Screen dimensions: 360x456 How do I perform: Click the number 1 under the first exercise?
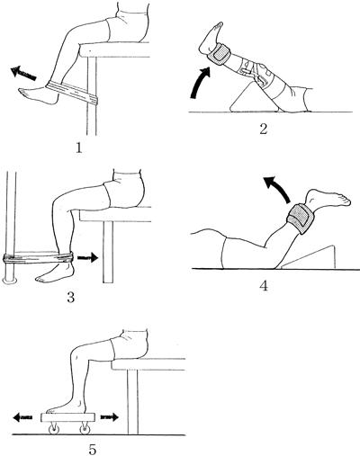[79, 148]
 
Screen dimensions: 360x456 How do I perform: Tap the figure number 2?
[263, 129]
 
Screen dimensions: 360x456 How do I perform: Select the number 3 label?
[71, 297]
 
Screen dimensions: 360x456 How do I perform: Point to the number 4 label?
[264, 286]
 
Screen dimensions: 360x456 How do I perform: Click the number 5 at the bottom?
[93, 449]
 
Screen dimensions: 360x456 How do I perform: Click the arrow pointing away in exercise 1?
[23, 74]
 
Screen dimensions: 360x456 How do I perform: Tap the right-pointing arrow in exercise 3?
[87, 257]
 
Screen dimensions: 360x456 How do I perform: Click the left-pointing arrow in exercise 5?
[22, 417]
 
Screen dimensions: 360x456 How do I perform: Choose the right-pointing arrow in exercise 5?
[110, 416]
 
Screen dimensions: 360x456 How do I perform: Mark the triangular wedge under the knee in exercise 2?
[255, 97]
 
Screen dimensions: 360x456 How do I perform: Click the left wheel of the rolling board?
[54, 429]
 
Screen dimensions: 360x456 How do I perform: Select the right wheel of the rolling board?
[85, 429]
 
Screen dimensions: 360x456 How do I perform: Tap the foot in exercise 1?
[38, 94]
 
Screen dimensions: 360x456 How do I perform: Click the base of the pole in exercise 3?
[10, 280]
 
